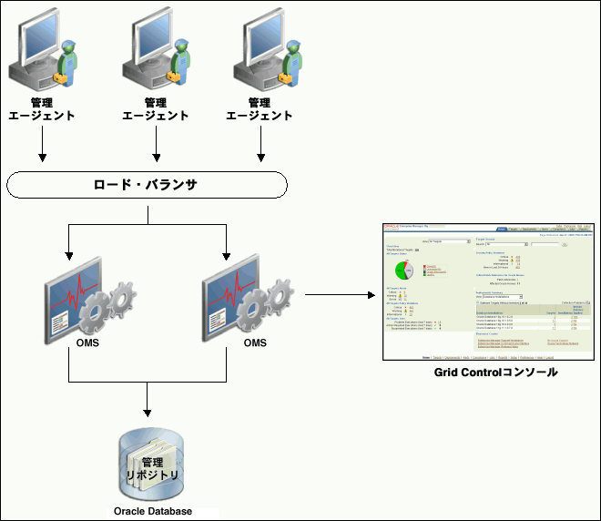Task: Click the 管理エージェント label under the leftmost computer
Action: (42, 109)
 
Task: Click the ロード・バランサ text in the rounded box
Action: (147, 185)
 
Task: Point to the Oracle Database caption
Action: (153, 511)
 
